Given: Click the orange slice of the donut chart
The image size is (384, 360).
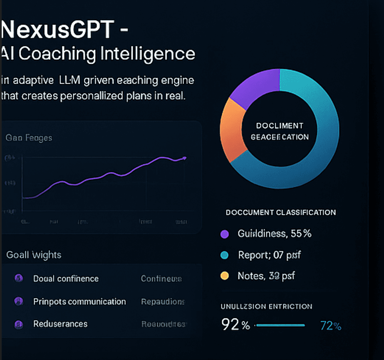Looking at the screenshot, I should point(230,129).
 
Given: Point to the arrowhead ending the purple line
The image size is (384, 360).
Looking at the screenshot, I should point(185,158).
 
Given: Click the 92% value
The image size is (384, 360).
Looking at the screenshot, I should point(235,325).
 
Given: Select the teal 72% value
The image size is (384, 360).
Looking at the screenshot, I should point(331,326).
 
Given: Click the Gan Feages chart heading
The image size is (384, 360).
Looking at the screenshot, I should point(29,138).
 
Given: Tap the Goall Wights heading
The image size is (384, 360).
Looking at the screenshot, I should point(34,254).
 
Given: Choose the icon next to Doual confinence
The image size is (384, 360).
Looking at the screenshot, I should point(18,278).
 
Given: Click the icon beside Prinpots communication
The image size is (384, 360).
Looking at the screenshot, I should point(18,301).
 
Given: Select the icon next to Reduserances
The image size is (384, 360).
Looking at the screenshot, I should point(18,324).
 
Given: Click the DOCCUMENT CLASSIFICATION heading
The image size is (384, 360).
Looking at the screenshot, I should point(280,213).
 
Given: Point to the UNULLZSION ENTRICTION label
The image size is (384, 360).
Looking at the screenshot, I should point(266,307).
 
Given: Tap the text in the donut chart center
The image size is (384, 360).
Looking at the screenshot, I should point(280,131).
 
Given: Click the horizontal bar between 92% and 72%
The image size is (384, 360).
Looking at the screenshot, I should point(280,325).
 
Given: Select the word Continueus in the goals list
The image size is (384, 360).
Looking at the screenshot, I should point(161,279).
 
